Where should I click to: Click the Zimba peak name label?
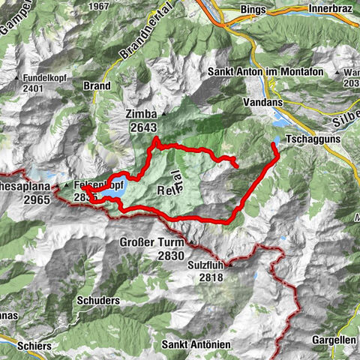point(141,113)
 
